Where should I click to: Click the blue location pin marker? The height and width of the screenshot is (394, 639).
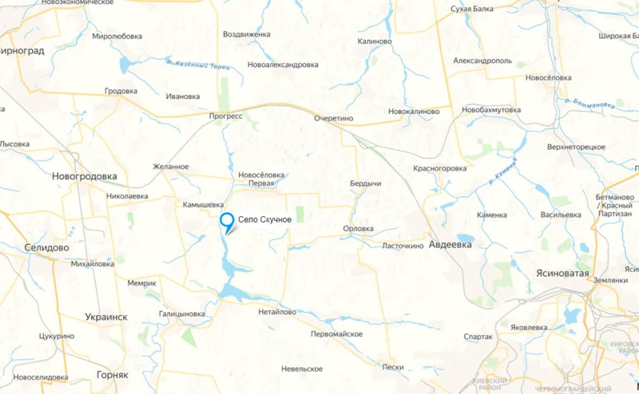point(227,222)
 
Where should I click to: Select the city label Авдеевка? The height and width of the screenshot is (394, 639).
point(450,245)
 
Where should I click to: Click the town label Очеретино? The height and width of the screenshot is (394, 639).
point(334,117)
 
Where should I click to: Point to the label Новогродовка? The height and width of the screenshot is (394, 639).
point(84,176)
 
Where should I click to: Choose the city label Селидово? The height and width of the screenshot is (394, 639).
point(46,247)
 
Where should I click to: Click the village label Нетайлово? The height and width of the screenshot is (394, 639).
point(276,312)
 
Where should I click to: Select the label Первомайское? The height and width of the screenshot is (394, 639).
point(337,333)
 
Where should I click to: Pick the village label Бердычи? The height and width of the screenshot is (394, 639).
point(365,183)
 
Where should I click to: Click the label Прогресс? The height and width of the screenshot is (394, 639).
point(225,116)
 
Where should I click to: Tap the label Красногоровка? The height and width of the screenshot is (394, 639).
point(439,168)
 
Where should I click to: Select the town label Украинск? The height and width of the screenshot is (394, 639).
point(106,317)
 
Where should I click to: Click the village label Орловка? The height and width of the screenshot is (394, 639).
point(358,229)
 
